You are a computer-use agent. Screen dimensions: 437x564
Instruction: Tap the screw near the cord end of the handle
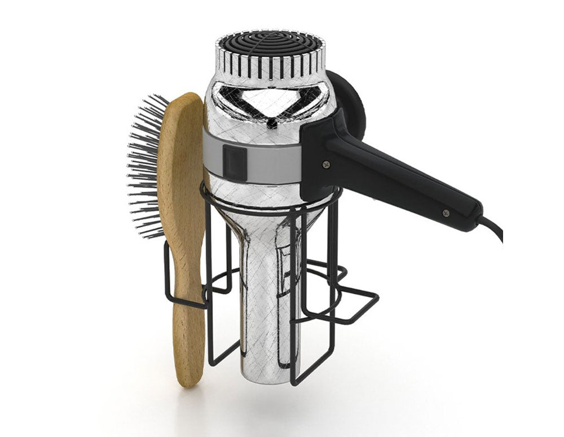pos(446,213)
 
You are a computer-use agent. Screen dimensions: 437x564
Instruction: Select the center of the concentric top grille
pos(270,45)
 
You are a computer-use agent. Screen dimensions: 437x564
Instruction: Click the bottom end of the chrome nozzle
pos(265,372)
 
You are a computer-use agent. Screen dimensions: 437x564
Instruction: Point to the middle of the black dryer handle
pos(395,180)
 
